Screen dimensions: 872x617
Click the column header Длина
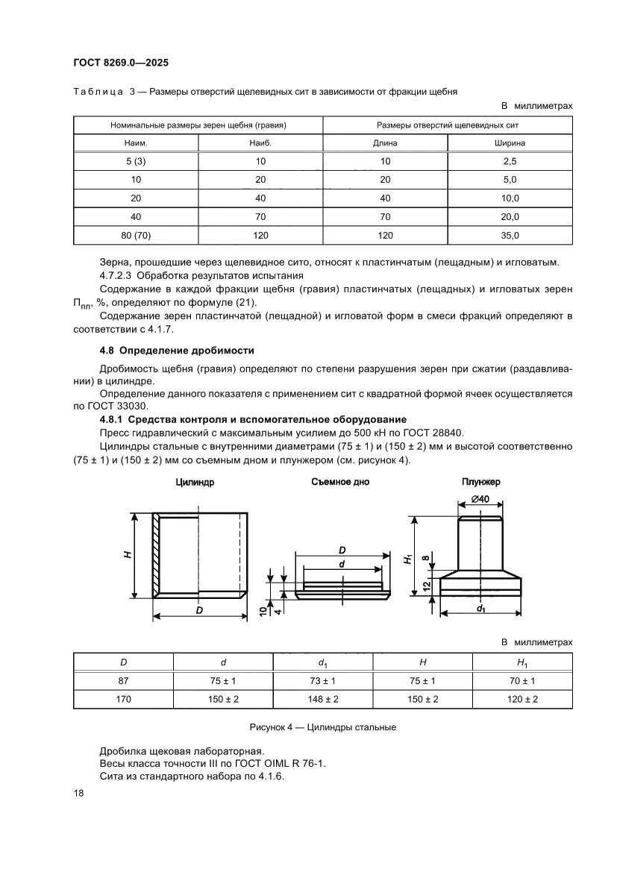(385, 142)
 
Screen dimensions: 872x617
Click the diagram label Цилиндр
(195, 483)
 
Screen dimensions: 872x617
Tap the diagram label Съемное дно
(340, 482)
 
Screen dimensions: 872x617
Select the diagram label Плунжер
(480, 482)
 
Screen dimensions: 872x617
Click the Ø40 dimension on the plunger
(480, 498)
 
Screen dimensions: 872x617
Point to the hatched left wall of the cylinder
(157, 555)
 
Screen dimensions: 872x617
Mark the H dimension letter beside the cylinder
(128, 555)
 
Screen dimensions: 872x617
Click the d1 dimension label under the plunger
(480, 609)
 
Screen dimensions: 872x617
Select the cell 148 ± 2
(323, 700)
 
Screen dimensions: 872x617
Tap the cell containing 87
(123, 680)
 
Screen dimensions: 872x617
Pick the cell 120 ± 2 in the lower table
(522, 700)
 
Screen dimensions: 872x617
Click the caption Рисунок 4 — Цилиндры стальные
(322, 727)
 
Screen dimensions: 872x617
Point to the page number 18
(79, 794)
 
